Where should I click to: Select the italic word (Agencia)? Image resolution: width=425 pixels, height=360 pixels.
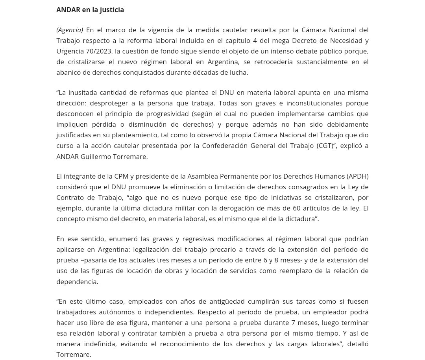[70, 30]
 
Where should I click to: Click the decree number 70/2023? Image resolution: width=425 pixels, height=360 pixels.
[98, 51]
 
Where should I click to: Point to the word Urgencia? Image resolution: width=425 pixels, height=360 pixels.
[70, 51]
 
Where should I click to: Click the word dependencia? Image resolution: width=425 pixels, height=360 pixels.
[76, 282]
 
